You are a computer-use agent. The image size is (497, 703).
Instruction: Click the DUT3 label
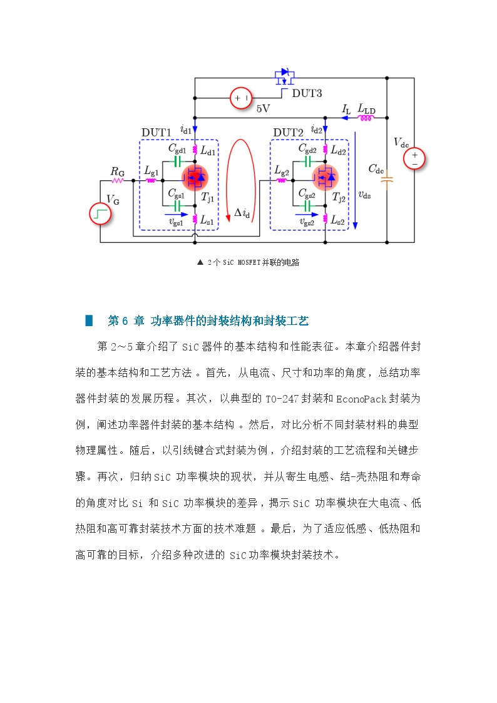(307, 93)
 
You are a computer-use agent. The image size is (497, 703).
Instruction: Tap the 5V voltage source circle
(240, 98)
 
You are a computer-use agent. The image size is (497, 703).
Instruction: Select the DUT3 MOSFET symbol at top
(285, 77)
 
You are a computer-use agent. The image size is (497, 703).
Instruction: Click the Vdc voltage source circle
(414, 159)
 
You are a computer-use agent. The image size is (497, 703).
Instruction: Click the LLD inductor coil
(366, 118)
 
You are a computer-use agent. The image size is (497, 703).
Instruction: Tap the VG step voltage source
(100, 213)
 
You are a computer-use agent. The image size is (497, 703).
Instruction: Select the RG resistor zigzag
(118, 180)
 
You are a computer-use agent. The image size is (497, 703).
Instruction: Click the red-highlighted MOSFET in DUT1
(195, 178)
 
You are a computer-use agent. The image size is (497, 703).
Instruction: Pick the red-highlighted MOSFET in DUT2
(325, 178)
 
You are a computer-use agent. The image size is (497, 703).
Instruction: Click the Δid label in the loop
(242, 213)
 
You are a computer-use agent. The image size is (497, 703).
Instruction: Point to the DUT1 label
(156, 133)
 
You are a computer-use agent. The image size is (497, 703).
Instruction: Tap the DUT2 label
(288, 133)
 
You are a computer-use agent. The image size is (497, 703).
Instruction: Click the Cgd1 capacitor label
(177, 148)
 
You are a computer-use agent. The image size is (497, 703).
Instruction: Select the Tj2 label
(339, 198)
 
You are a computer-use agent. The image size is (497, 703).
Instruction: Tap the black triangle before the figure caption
(200, 262)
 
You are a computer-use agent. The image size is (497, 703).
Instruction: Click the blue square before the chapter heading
(89, 321)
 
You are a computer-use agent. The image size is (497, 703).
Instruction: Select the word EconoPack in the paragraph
(361, 399)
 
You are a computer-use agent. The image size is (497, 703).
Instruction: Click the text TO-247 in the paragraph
(282, 399)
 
